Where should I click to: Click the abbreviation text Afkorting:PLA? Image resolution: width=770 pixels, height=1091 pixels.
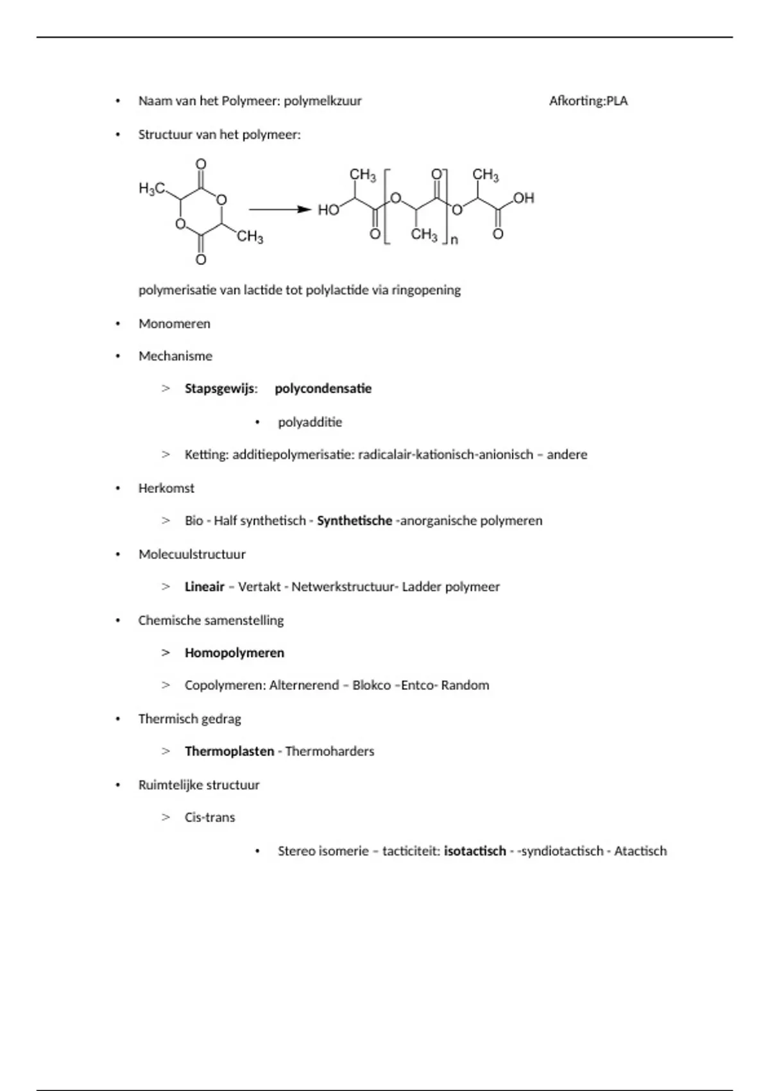click(588, 101)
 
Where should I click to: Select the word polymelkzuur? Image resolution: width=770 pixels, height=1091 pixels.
click(323, 101)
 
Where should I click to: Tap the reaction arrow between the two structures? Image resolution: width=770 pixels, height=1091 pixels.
click(280, 209)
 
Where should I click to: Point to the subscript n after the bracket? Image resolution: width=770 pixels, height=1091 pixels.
click(454, 241)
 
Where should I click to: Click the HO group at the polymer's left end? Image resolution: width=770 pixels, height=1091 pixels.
click(329, 210)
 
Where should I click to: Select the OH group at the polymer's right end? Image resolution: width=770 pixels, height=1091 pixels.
click(524, 198)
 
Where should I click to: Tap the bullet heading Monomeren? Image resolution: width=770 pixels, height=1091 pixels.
click(175, 323)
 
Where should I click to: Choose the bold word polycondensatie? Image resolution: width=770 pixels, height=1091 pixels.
click(323, 388)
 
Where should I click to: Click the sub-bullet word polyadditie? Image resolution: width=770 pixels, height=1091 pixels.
click(310, 422)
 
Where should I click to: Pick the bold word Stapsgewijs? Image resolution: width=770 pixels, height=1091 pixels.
click(219, 388)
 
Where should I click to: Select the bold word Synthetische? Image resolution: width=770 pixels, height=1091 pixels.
click(354, 520)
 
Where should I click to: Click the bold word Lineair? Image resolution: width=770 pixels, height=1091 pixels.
click(205, 587)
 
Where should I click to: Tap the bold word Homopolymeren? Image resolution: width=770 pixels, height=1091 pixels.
click(234, 653)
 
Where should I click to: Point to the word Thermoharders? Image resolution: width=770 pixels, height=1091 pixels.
click(329, 751)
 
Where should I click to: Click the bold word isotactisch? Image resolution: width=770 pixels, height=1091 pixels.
click(475, 851)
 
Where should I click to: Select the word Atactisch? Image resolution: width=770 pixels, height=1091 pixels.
click(640, 851)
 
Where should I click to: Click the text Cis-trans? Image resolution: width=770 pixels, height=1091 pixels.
click(210, 818)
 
